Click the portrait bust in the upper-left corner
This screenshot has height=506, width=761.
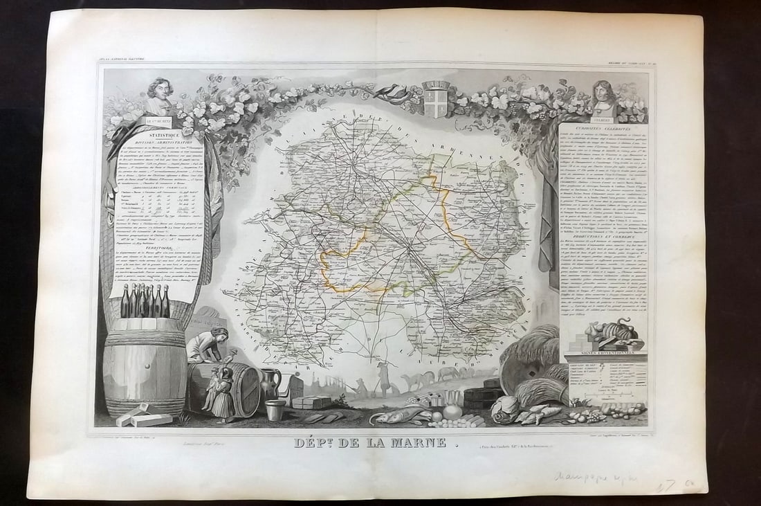(160, 94)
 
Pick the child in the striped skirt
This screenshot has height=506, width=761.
(223, 398)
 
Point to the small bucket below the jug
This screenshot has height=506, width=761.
(275, 409)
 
